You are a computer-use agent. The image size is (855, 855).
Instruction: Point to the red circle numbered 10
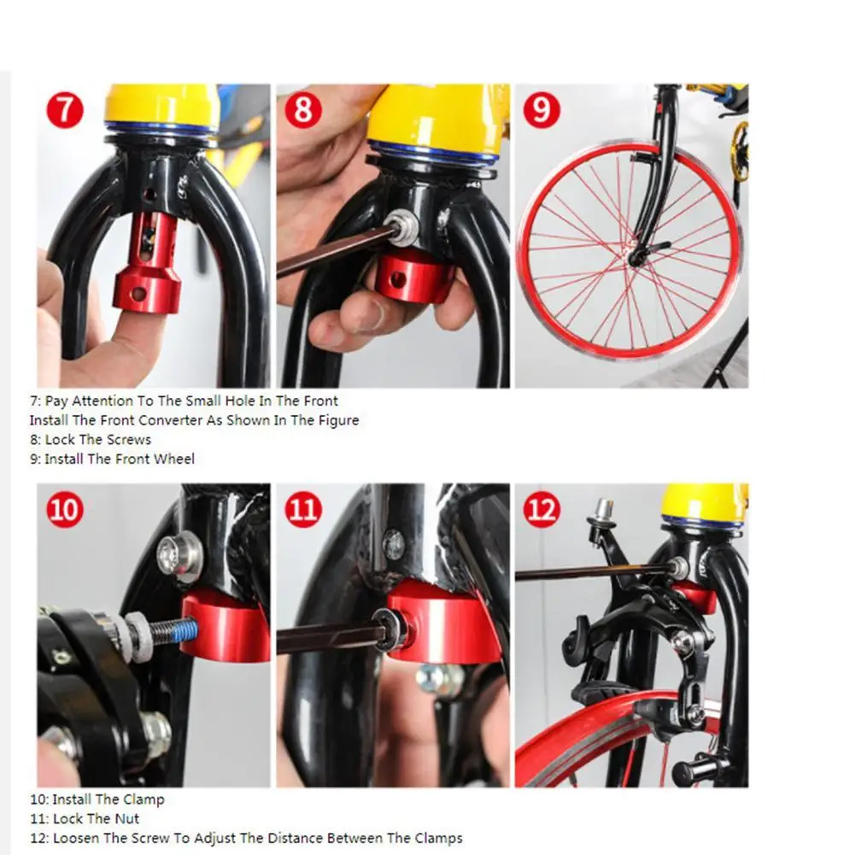pyautogui.click(x=65, y=509)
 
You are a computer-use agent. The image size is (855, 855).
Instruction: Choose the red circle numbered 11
pyautogui.click(x=304, y=509)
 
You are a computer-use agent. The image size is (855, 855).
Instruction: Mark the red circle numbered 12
pyautogui.click(x=542, y=509)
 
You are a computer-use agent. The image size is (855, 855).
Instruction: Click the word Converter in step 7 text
pyautogui.click(x=170, y=420)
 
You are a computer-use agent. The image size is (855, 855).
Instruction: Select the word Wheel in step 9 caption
pyautogui.click(x=173, y=460)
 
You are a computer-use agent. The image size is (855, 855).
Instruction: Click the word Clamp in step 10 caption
pyautogui.click(x=143, y=800)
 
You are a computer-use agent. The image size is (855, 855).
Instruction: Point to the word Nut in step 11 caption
pyautogui.click(x=126, y=819)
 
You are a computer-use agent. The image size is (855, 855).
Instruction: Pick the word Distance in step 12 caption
pyautogui.click(x=315, y=838)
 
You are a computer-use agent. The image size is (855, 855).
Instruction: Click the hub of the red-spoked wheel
pyautogui.click(x=635, y=256)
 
